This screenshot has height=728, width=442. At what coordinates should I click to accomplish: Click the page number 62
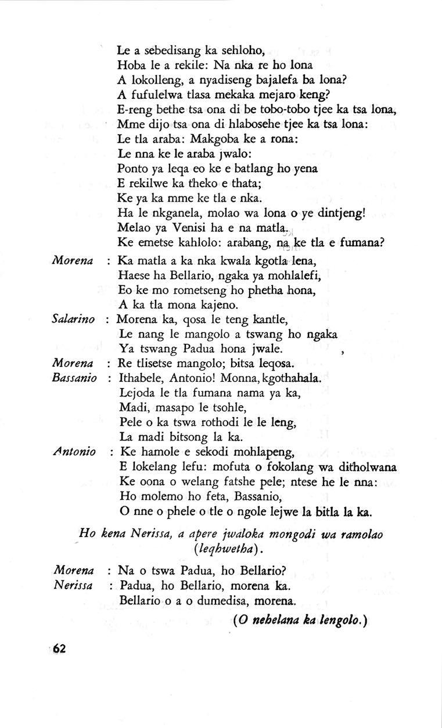59,649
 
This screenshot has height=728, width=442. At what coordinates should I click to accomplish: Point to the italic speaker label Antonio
74,451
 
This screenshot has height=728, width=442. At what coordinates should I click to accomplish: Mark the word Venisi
177,227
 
